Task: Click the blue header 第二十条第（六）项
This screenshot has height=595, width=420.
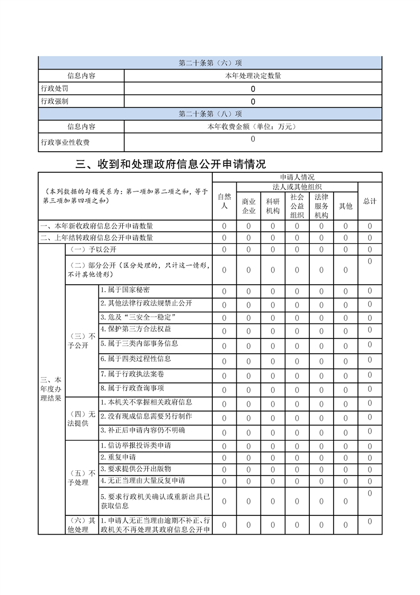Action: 210,63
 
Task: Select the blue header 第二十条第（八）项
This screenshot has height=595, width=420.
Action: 210,114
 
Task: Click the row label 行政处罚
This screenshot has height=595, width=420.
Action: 55,89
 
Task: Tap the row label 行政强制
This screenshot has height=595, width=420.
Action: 55,101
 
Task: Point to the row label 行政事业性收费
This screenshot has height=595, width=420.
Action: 65,142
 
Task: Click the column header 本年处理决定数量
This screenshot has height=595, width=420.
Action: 253,76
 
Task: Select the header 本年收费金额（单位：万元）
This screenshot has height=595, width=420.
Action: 253,127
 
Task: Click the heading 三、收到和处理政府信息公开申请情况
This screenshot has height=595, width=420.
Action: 171,164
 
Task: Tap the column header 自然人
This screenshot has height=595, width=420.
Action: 224,201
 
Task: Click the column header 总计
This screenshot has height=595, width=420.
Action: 370,201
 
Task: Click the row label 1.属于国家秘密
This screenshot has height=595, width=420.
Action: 125,290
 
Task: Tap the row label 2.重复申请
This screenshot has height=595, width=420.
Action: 118,457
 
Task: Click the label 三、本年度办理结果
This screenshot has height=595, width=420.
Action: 51,389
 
